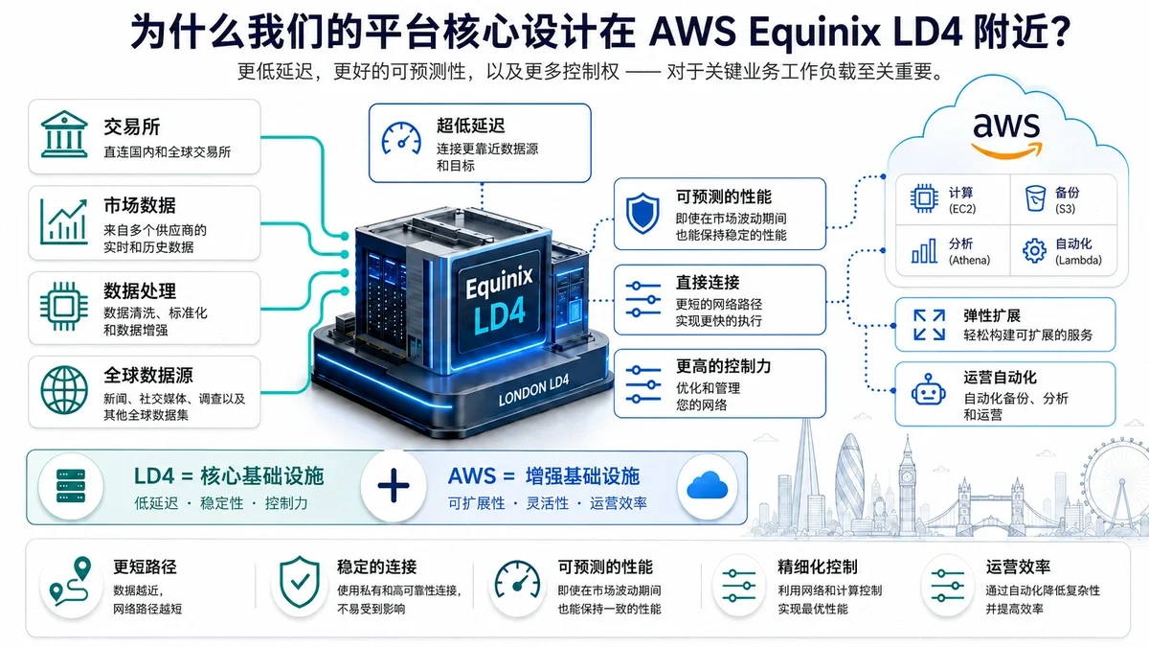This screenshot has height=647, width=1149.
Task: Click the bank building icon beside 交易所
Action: [x=64, y=134]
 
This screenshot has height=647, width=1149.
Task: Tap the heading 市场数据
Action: [x=140, y=205]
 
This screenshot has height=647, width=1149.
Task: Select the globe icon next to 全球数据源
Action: [x=64, y=390]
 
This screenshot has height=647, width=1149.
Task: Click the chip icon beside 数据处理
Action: [x=63, y=307]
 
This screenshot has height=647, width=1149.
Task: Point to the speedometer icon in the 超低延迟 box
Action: [x=401, y=138]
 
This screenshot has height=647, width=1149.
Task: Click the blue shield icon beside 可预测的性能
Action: [x=642, y=213]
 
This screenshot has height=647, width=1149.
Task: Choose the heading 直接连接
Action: [x=708, y=283]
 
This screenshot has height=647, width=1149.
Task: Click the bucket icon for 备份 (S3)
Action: [x=1035, y=198]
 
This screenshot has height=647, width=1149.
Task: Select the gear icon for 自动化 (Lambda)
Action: [x=1035, y=250]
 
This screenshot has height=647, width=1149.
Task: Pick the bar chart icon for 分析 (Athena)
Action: [x=924, y=250]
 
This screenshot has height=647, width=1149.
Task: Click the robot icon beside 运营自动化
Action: [x=929, y=390]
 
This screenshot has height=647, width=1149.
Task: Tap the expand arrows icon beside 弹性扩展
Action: [x=929, y=325]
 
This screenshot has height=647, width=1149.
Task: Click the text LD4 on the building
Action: [x=499, y=313]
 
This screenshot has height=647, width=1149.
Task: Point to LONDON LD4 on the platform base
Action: [x=533, y=390]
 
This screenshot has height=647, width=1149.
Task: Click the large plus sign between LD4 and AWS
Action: [x=394, y=485]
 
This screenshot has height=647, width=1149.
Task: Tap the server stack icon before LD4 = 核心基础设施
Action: [x=71, y=485]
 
